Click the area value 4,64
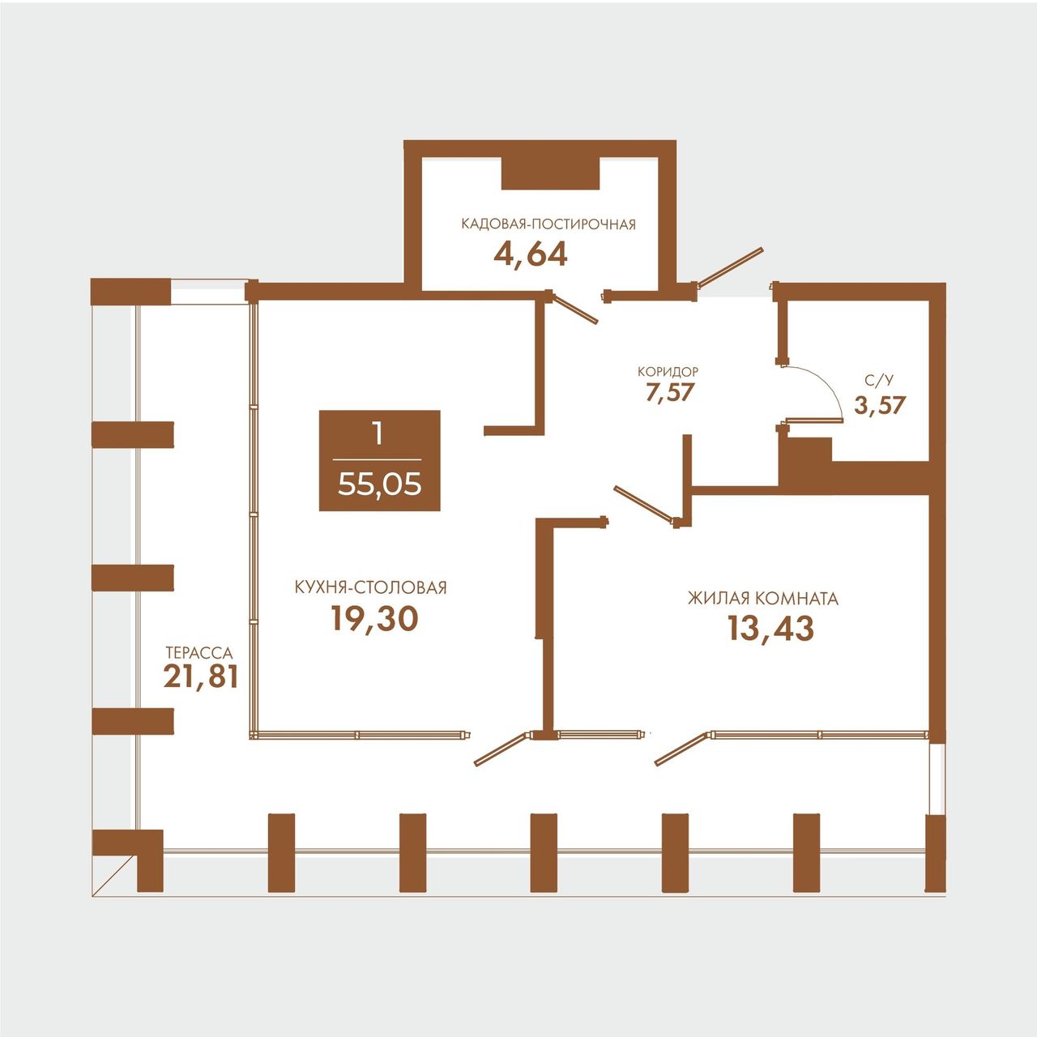coord(530,256)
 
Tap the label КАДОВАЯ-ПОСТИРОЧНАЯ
coord(548,224)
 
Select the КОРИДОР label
coord(668,371)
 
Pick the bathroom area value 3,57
coord(880,405)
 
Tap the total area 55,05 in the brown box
coord(379,486)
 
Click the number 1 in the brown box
coord(378,433)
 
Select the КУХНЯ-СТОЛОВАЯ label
coord(371,587)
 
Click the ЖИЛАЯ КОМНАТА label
coord(763,599)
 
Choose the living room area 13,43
coord(770,629)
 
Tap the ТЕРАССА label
coord(199,653)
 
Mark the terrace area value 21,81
coord(201,676)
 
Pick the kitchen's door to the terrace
coord(501,749)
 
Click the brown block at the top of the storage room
coord(550,174)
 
